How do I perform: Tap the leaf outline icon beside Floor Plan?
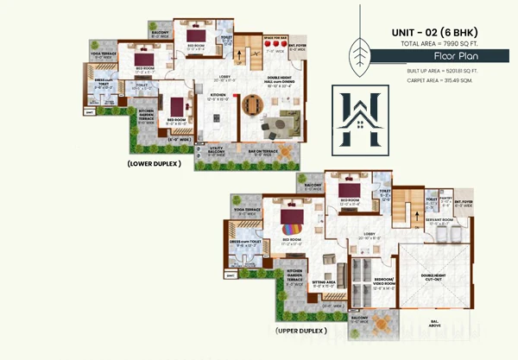coord(354,52)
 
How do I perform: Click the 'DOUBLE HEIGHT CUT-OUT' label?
coord(433,276)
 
